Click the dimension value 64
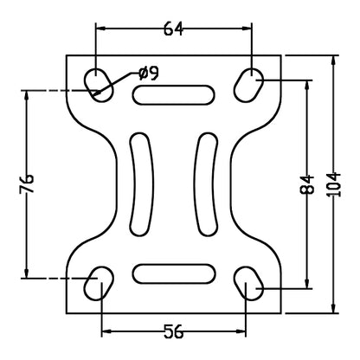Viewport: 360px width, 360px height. pos(174,29)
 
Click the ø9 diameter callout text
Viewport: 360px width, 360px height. pos(148,74)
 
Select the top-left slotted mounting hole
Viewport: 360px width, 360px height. pos(100,81)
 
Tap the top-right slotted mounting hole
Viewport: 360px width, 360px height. pos(249,81)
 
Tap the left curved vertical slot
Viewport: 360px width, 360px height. pos(140,183)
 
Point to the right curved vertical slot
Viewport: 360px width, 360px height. pos(207,183)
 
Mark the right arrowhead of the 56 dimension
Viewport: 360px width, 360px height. pos(244,330)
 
